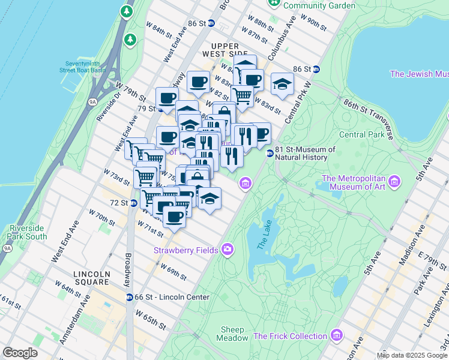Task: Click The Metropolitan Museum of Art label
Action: [x=354, y=183]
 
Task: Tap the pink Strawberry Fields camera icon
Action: [x=228, y=249]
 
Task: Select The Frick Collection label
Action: [x=291, y=336]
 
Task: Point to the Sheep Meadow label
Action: [x=232, y=334]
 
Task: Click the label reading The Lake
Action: [x=264, y=234]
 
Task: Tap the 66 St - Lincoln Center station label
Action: [x=172, y=297]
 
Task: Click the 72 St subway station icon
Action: [x=134, y=203]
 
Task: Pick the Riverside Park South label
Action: [x=28, y=233]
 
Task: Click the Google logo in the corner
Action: [x=20, y=352]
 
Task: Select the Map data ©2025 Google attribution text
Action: [x=412, y=355]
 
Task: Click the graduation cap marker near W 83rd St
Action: [x=282, y=85]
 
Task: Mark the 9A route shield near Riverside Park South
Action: [x=7, y=248]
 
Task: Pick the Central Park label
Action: [x=361, y=135]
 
